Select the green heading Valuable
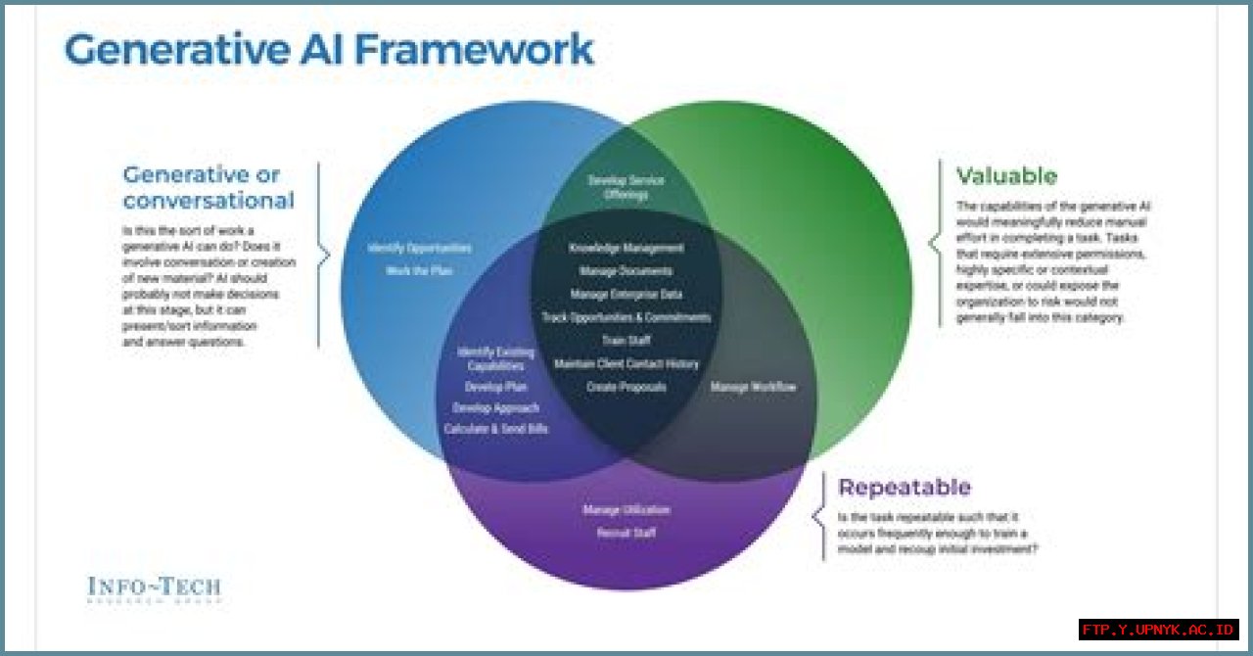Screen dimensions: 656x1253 tap(1006, 176)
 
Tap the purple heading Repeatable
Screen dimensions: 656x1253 tap(904, 487)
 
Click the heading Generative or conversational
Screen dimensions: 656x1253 tap(208, 188)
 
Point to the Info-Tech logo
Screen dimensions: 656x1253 tap(154, 587)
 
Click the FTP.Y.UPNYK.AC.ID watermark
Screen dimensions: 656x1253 tap(1159, 630)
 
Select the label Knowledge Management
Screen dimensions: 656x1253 tap(626, 248)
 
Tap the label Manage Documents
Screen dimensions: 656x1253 tap(626, 271)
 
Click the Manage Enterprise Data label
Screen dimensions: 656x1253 tap(626, 295)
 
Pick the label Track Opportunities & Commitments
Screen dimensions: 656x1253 tap(626, 317)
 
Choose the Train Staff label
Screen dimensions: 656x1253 tap(626, 341)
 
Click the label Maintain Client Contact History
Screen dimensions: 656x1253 tap(626, 364)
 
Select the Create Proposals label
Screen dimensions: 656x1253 tap(626, 388)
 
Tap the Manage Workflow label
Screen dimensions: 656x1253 tap(753, 388)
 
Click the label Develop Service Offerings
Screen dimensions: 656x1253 tap(626, 187)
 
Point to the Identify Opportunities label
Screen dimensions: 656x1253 tap(419, 249)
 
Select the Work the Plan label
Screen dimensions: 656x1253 tap(419, 270)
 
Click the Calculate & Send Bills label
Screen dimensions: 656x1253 tap(496, 430)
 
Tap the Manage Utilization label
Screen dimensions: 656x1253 tap(626, 510)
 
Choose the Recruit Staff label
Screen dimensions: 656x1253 tap(626, 534)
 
